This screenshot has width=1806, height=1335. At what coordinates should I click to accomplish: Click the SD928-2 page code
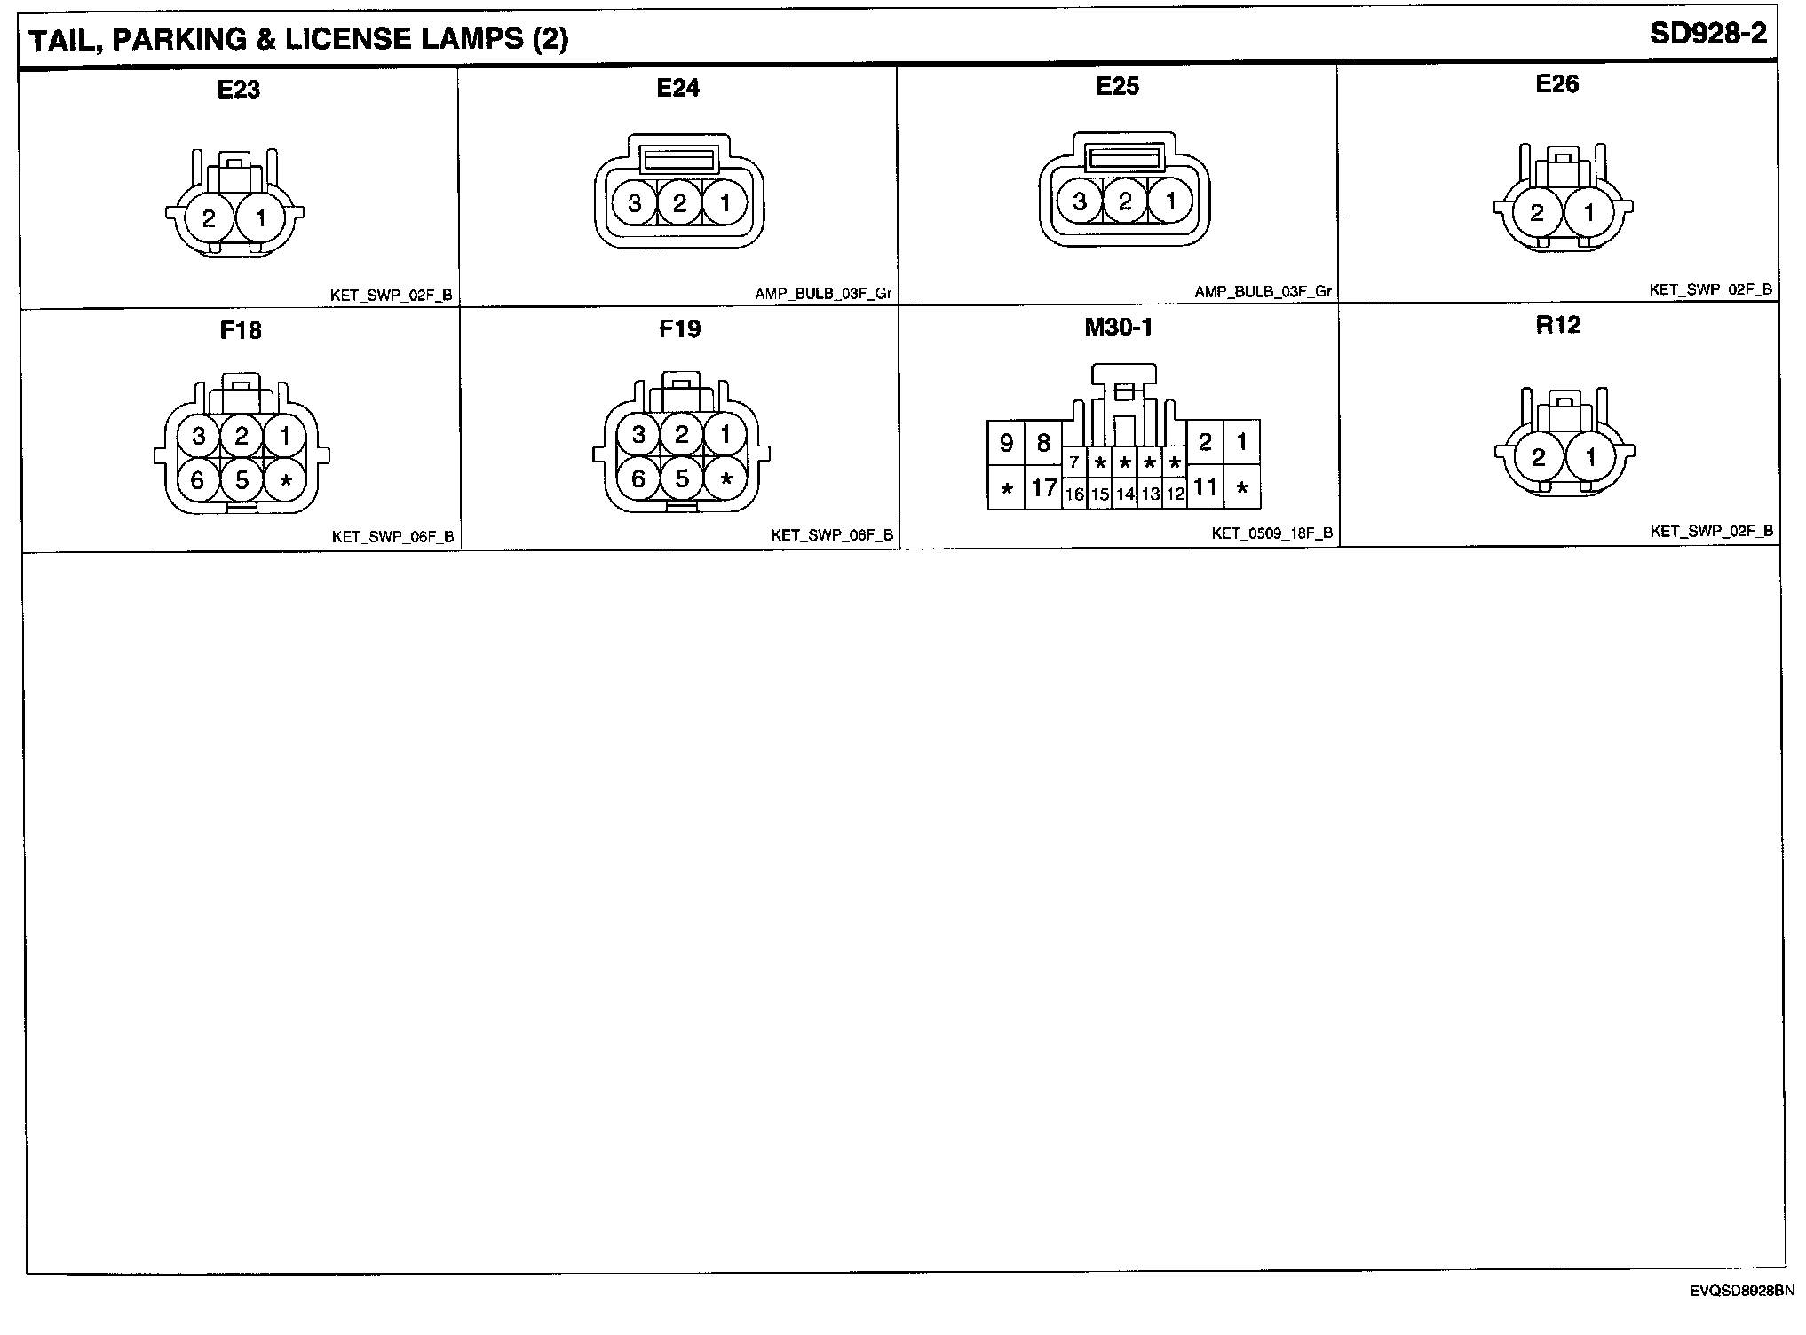click(1707, 35)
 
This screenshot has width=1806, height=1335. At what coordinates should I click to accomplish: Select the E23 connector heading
click(238, 90)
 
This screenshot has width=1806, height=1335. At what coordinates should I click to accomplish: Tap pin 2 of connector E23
click(210, 217)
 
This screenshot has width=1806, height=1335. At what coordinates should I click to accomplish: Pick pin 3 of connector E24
click(635, 203)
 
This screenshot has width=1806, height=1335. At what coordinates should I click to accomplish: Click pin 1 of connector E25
click(1170, 201)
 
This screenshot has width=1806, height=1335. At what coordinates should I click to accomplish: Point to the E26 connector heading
click(1557, 84)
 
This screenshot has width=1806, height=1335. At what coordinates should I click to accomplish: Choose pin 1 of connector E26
click(1589, 212)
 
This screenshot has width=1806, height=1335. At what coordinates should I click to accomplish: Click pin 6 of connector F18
click(197, 480)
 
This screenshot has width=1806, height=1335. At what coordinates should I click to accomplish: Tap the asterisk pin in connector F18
click(285, 481)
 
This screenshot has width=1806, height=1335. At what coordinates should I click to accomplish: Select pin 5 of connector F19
click(682, 479)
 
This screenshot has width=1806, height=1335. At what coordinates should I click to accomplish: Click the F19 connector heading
click(679, 329)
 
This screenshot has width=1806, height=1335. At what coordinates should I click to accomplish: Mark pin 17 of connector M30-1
click(1043, 487)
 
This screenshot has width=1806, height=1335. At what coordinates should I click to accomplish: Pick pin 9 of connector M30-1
click(1006, 442)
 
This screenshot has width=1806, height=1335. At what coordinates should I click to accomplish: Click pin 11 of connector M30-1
click(1205, 486)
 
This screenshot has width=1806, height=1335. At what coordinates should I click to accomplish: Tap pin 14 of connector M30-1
click(1125, 494)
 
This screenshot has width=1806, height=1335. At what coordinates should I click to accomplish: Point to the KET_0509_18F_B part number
click(1271, 533)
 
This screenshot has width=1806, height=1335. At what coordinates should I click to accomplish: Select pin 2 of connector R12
click(1539, 457)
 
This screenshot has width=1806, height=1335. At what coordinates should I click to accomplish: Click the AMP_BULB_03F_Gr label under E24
click(823, 294)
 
